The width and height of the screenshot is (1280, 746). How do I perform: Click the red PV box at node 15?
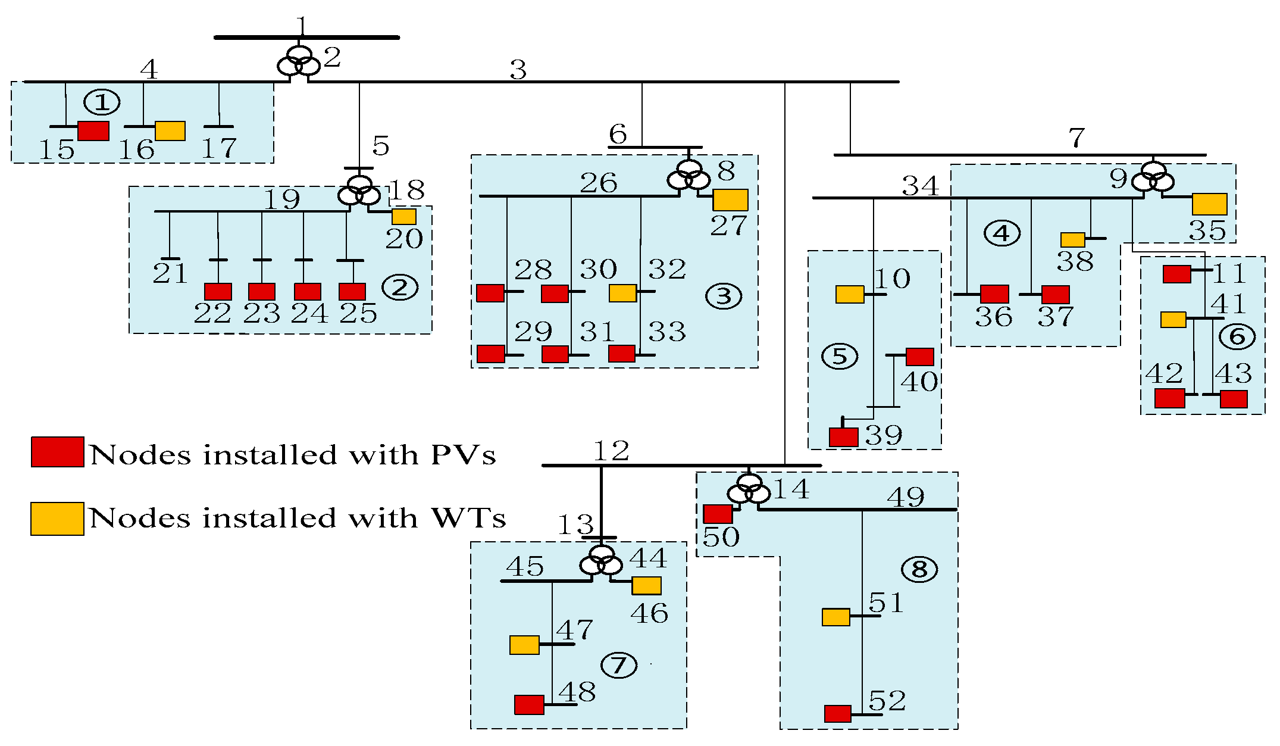[93, 131]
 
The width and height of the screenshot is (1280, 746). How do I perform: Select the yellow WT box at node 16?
[170, 131]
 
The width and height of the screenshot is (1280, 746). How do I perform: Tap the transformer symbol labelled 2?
[299, 62]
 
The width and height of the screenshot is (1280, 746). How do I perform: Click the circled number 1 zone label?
[102, 102]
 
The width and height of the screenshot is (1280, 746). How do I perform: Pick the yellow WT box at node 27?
[730, 200]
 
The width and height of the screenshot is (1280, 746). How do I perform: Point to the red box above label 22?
[218, 292]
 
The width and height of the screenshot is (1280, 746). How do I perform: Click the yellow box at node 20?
[404, 217]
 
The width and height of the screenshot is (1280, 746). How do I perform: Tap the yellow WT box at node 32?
[623, 293]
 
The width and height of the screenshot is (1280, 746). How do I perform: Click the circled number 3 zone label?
[724, 296]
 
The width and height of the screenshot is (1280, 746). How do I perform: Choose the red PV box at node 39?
[844, 437]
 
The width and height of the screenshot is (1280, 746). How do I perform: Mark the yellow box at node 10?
[850, 294]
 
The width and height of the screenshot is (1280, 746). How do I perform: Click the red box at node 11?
[1176, 274]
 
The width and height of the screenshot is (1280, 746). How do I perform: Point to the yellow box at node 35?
[1210, 204]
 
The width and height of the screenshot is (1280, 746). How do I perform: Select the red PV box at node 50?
[718, 514]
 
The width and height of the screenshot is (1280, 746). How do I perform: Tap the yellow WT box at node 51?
[836, 617]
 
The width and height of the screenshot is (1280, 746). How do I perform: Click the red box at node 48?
[529, 705]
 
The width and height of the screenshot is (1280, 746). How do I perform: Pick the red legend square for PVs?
[57, 452]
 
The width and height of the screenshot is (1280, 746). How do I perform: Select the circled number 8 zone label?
[919, 569]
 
